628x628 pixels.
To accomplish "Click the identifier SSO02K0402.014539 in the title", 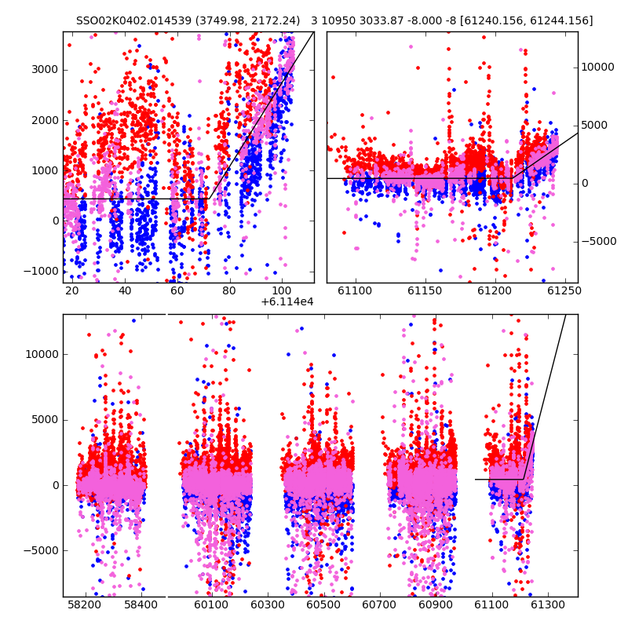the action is [x=133, y=20].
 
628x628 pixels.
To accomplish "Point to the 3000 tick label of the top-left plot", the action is [x=45, y=70].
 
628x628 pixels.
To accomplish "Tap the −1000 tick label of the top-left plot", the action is [x=42, y=271].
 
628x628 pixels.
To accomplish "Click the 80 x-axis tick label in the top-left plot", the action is [x=229, y=290].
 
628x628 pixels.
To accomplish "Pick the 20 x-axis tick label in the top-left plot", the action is [x=71, y=290].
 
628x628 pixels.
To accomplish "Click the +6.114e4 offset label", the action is [x=287, y=302].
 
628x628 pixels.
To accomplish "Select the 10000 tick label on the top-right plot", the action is [x=597, y=68].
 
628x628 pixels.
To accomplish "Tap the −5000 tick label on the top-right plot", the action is [x=599, y=242].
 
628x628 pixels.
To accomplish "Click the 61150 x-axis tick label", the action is [x=425, y=290].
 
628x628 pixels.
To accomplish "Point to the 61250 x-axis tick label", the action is [x=564, y=290].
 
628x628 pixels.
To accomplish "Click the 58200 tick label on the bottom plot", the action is [x=85, y=604].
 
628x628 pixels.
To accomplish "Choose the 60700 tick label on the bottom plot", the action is [x=379, y=604].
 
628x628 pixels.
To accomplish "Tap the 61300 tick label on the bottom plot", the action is [x=547, y=604].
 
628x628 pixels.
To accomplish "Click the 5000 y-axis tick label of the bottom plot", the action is [x=46, y=420].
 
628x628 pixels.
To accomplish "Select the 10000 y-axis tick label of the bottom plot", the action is [x=42, y=355].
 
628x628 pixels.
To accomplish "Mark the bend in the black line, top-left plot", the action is [x=209, y=199].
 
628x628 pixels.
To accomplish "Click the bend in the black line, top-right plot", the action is [x=513, y=178].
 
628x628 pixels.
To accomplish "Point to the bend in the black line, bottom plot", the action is [x=524, y=479].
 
